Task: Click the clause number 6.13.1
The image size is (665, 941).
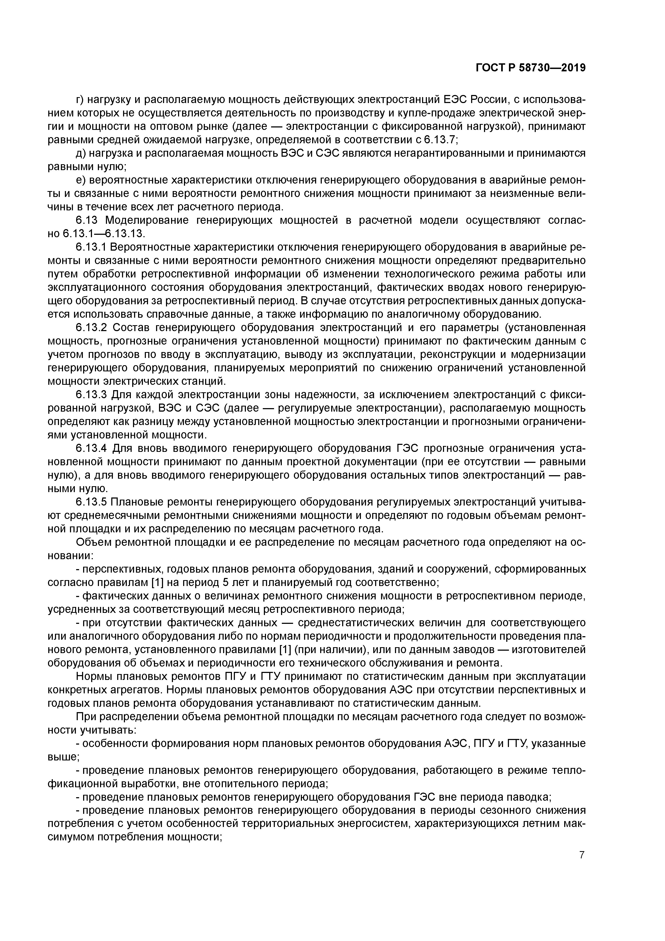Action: coord(91,247)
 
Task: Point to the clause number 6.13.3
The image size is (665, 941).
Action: coord(91,395)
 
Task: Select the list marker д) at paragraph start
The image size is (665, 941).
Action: coord(81,153)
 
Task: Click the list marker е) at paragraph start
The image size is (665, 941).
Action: coord(81,180)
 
